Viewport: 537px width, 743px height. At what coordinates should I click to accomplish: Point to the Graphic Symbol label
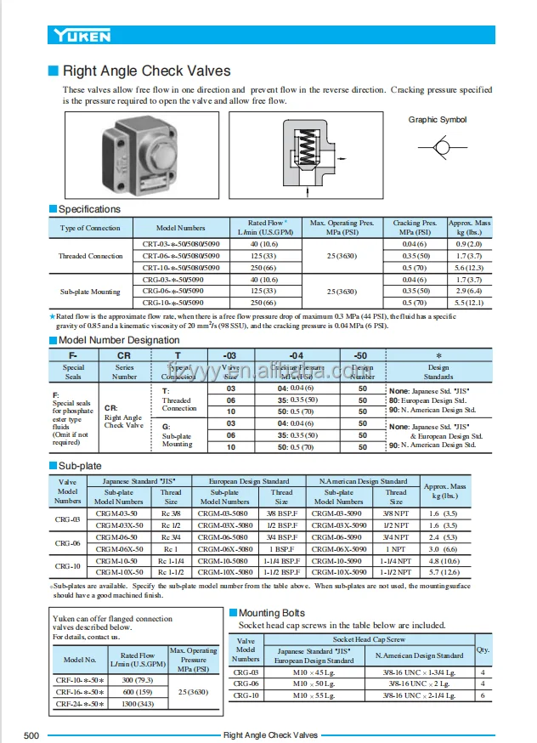pyautogui.click(x=437, y=120)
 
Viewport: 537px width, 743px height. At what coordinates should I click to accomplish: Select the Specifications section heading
pyautogui.click(x=89, y=209)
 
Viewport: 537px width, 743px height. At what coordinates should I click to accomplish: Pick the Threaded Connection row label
pyautogui.click(x=90, y=256)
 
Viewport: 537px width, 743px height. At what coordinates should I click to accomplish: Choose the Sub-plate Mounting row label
pyautogui.click(x=90, y=292)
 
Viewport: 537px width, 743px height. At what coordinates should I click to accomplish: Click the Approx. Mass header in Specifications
pyautogui.click(x=469, y=228)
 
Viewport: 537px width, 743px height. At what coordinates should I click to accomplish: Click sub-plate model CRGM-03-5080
pyautogui.click(x=224, y=513)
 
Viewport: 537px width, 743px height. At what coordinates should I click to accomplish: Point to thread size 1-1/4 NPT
pyautogui.click(x=395, y=561)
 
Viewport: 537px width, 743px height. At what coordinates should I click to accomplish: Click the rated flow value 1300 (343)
pyautogui.click(x=137, y=704)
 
